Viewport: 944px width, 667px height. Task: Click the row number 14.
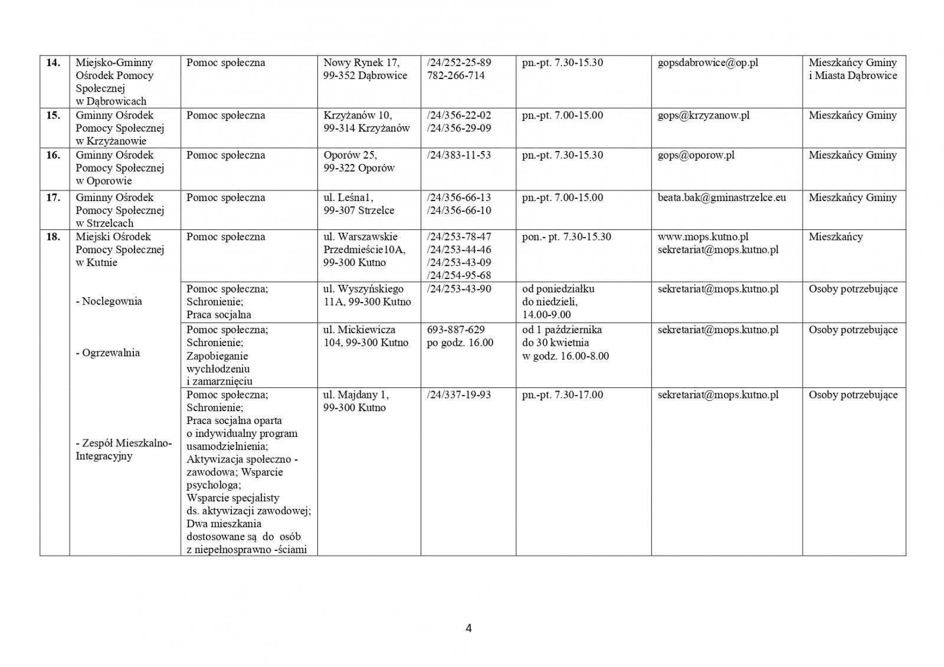tap(53, 63)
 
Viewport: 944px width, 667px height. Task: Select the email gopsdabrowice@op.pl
tap(707, 63)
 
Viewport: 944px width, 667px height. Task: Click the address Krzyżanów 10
tap(358, 115)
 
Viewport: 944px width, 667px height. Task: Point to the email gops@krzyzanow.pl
tap(703, 115)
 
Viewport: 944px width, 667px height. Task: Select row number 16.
tap(53, 155)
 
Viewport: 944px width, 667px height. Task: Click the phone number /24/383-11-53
tap(458, 155)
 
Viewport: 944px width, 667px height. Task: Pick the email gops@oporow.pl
tap(696, 155)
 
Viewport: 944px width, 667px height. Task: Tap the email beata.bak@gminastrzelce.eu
tap(722, 198)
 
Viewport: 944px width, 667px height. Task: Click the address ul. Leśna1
tap(348, 198)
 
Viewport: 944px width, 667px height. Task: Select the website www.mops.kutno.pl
tap(703, 236)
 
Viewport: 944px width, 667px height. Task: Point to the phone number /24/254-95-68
tap(458, 275)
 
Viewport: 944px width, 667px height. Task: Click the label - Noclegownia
tap(109, 301)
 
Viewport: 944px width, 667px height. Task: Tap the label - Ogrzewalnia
tap(107, 353)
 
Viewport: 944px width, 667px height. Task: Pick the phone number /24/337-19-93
tap(458, 395)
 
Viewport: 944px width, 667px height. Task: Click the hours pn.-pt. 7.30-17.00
tap(562, 395)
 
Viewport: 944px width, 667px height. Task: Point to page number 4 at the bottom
tap(468, 629)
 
